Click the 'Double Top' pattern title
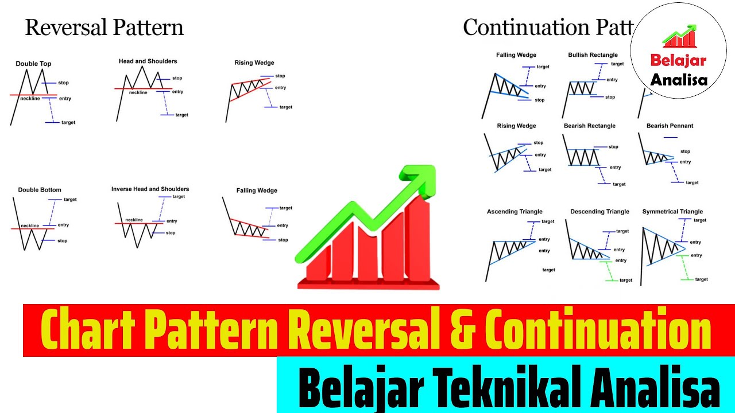pyautogui.click(x=33, y=64)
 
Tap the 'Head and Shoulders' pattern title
pyautogui.click(x=148, y=61)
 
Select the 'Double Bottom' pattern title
pyautogui.click(x=39, y=190)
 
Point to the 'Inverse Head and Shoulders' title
pyautogui.click(x=150, y=189)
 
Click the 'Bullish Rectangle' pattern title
pyautogui.click(x=593, y=55)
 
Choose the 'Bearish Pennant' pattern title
pyautogui.click(x=670, y=126)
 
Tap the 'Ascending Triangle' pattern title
pyautogui.click(x=514, y=212)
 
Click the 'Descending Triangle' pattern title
pyautogui.click(x=599, y=212)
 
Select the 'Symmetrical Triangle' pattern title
pyautogui.click(x=672, y=212)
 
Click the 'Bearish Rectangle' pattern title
pyautogui.click(x=589, y=126)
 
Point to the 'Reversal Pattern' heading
pyautogui.click(x=104, y=28)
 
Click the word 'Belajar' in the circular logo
pyautogui.click(x=678, y=60)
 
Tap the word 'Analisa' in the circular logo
pyautogui.click(x=679, y=79)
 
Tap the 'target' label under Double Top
pyautogui.click(x=68, y=122)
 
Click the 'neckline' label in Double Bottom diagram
pyautogui.click(x=30, y=225)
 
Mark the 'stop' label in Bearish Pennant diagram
pyautogui.click(x=685, y=151)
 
